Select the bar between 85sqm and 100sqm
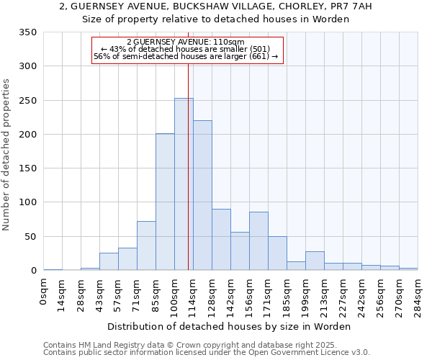165,202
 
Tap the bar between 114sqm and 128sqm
202,195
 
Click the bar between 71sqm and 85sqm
146,246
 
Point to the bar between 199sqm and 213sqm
315,261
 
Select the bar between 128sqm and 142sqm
221,240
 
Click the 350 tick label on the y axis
27,32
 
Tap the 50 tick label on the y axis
30,237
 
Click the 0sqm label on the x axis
44,291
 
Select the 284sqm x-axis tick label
418,294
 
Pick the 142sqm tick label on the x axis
231,294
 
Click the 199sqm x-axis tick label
306,294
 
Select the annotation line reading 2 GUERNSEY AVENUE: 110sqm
188,42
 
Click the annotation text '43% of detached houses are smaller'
188,50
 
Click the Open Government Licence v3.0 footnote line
206,352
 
